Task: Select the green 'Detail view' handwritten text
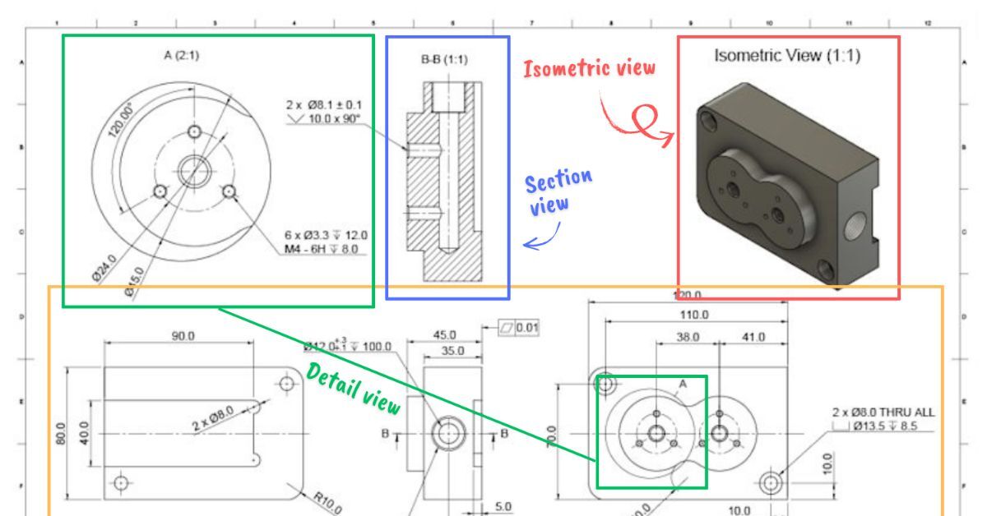click(x=353, y=388)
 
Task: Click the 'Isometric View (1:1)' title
click(x=787, y=58)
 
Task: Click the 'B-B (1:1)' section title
click(x=447, y=59)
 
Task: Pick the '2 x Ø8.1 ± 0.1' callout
click(x=324, y=104)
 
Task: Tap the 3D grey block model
click(x=785, y=185)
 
